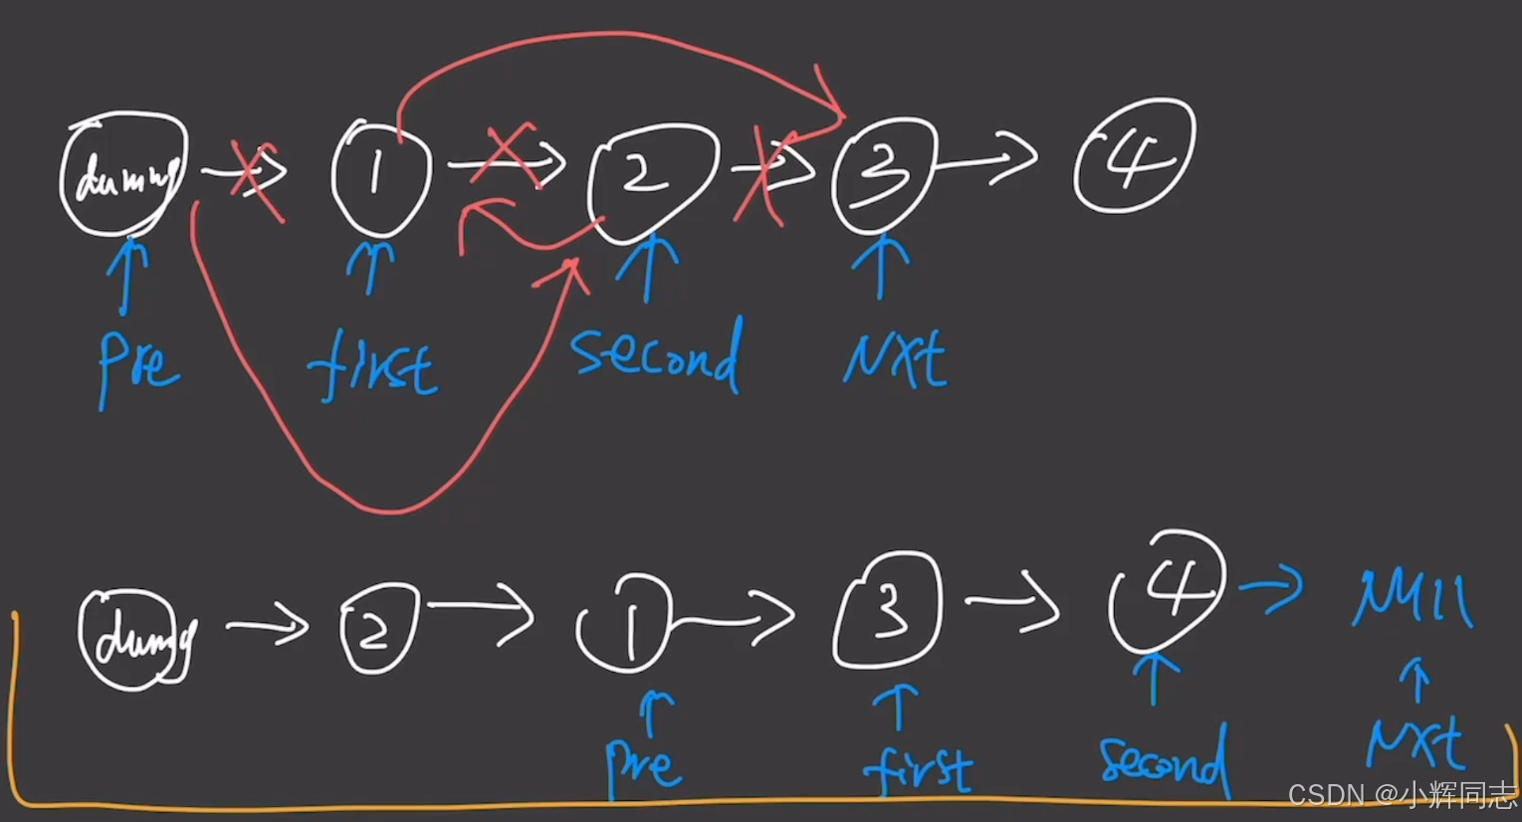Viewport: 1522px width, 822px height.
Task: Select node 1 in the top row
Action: pyautogui.click(x=379, y=176)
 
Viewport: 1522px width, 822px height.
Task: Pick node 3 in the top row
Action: pyautogui.click(x=884, y=174)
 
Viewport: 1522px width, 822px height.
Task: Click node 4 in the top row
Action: pyautogui.click(x=1134, y=157)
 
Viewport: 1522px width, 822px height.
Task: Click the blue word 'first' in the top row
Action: pyautogui.click(x=372, y=368)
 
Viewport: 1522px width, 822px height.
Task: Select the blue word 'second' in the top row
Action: pyautogui.click(x=656, y=355)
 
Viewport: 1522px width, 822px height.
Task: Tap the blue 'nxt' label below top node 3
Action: pyautogui.click(x=894, y=360)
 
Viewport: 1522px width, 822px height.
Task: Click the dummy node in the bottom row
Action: pyautogui.click(x=134, y=637)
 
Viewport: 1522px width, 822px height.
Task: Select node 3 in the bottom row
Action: pyautogui.click(x=887, y=609)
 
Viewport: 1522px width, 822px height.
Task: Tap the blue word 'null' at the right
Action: pyautogui.click(x=1412, y=597)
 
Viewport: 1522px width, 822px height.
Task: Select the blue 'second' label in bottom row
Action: pyautogui.click(x=1163, y=762)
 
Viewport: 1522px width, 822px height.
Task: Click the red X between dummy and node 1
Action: pyautogui.click(x=257, y=177)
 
